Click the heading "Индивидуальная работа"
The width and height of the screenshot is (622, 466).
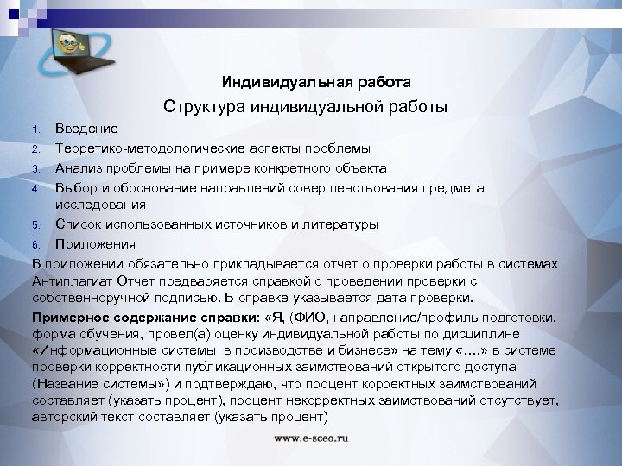point(315,82)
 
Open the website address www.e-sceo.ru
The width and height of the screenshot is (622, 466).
point(311,438)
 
